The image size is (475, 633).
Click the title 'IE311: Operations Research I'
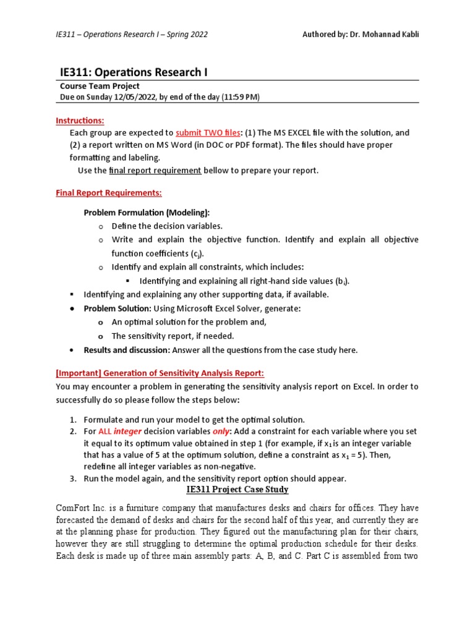tap(134, 72)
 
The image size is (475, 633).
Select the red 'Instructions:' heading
tap(80, 120)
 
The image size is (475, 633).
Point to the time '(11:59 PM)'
tap(238, 97)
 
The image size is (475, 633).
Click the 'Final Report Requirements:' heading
tap(109, 193)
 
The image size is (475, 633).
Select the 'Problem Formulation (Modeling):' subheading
tap(142, 213)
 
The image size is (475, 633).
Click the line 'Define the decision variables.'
tap(167, 226)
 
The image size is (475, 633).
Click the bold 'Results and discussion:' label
tap(127, 350)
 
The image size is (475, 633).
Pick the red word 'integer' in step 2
tap(127, 431)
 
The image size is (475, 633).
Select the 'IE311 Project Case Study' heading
tap(237, 490)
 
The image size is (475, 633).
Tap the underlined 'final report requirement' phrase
tap(155, 171)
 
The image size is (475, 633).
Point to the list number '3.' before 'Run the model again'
tap(73, 478)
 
